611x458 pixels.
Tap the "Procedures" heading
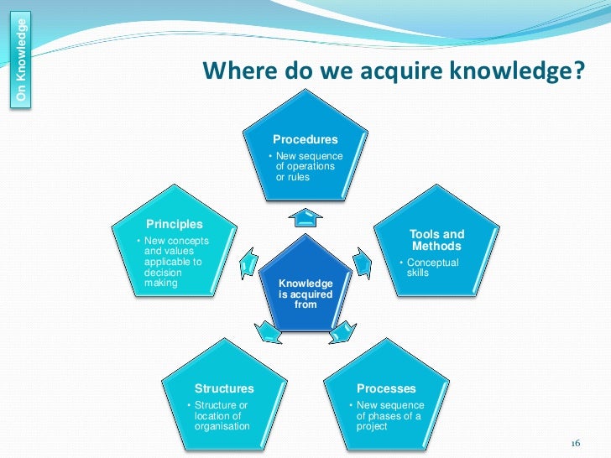[x=305, y=139]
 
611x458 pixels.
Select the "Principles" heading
[x=175, y=224]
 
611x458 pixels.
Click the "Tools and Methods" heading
[x=436, y=240]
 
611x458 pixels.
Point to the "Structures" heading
[x=224, y=388]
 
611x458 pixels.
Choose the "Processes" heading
[x=386, y=388]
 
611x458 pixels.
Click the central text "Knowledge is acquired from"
[x=305, y=294]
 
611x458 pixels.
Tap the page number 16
[x=575, y=444]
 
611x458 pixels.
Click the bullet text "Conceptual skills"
[x=431, y=268]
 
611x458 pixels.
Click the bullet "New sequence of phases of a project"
[x=388, y=415]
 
